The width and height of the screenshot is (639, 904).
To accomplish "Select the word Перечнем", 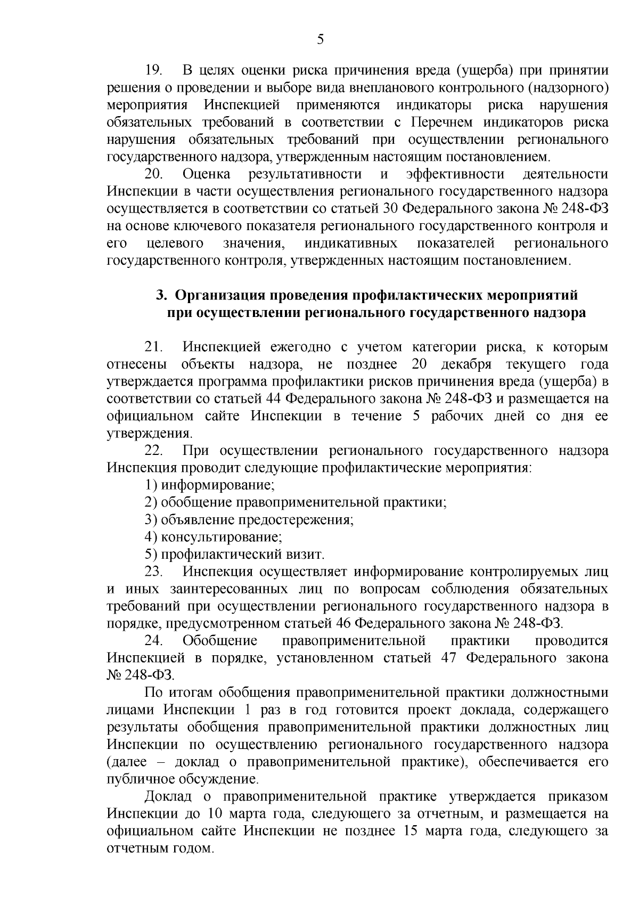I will (442, 123).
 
